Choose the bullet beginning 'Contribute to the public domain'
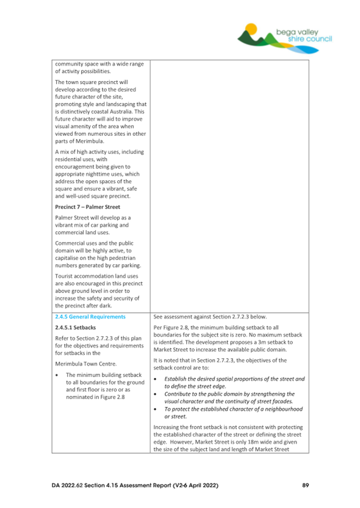[x=229, y=393]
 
